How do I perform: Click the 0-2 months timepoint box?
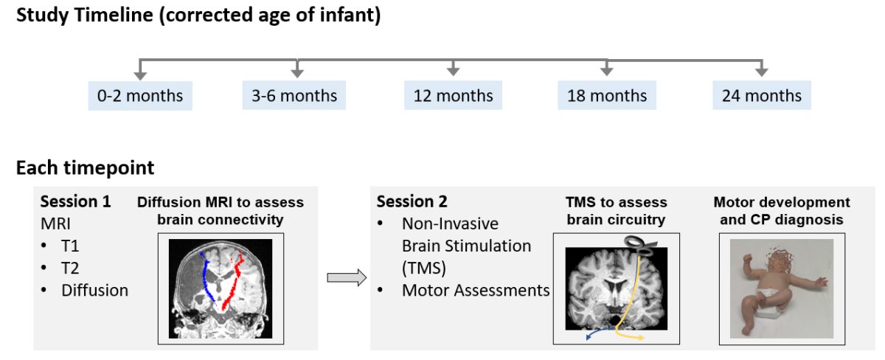(x=140, y=96)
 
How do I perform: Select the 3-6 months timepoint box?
(x=294, y=95)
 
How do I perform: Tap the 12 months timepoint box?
(x=453, y=95)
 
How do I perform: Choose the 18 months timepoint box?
(x=607, y=95)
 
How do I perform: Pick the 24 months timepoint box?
(x=762, y=95)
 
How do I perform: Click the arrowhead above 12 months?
(x=453, y=72)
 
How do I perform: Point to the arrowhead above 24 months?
(x=762, y=72)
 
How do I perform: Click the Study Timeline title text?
(x=198, y=15)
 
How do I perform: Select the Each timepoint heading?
(x=85, y=168)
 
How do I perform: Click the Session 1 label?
(x=75, y=201)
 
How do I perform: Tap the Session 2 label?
(x=412, y=201)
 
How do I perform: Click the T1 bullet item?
(x=70, y=246)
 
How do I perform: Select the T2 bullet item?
(x=70, y=269)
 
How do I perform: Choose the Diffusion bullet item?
(x=95, y=291)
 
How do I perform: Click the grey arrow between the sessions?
(x=347, y=277)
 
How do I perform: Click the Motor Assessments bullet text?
(x=476, y=291)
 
